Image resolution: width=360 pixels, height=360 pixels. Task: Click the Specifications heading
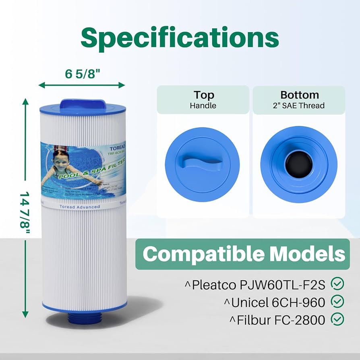pyautogui.click(x=180, y=38)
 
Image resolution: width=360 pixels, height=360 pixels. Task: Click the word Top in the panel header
pyautogui.click(x=203, y=95)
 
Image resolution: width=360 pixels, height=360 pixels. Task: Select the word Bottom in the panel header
pyautogui.click(x=299, y=95)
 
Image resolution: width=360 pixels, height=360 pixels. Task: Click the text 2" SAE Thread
pyautogui.click(x=299, y=106)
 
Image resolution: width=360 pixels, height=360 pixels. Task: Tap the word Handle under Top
pyautogui.click(x=203, y=106)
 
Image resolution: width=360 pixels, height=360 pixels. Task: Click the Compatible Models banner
pyautogui.click(x=243, y=254)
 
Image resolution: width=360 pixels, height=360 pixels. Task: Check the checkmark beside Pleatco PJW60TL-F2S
pyautogui.click(x=337, y=284)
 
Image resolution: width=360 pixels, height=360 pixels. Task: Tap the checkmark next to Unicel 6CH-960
pyautogui.click(x=337, y=302)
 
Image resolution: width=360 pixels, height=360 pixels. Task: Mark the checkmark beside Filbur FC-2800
pyautogui.click(x=337, y=319)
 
